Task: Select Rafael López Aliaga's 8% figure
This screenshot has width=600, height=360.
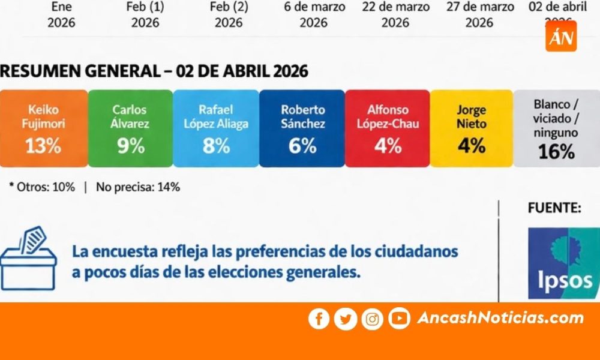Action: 216,146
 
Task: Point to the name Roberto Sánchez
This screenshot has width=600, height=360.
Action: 302,117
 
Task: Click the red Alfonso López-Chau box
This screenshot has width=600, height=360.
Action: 388,128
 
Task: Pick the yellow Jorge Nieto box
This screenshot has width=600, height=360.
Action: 472,128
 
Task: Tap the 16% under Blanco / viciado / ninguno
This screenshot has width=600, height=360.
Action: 556,152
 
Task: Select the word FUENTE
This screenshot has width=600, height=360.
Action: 554,208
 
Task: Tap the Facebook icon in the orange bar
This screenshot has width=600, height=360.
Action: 319,319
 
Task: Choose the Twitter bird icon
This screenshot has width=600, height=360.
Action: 346,319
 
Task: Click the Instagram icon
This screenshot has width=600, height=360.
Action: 372,319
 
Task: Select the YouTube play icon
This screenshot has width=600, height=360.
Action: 399,319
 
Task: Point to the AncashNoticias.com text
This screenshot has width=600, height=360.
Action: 500,318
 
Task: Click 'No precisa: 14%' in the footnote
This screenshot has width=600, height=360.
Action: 137,187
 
